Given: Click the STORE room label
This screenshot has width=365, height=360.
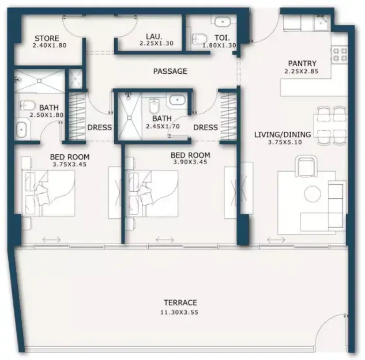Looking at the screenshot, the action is pos(47,38).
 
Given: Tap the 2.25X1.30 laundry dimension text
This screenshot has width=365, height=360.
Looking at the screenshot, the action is pos(156,43).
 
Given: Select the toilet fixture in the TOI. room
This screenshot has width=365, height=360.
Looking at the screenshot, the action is pos(200,39).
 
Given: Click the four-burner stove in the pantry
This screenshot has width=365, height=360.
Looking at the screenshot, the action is pos(340,54).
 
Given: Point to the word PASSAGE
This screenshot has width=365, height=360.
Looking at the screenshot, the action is pos(170,71).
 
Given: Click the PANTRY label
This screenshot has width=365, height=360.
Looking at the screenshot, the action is pos(302,63).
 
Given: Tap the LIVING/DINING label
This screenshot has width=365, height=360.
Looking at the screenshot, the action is pos(283,134).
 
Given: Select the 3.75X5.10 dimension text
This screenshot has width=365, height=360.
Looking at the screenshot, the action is pos(285,142).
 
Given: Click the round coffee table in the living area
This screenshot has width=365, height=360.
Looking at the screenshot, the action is pos(313,194).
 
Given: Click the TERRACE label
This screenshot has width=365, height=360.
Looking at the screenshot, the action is pos(180,302).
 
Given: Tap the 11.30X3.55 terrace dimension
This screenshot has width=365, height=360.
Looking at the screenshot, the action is pos(179,312).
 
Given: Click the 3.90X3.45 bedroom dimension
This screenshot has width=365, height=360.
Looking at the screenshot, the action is pos(190,162).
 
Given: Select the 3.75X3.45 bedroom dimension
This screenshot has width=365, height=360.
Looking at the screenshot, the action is pos(70,164).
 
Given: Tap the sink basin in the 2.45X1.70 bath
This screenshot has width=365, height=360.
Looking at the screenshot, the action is pos(178,100).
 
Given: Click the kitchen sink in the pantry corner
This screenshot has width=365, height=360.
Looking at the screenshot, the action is pos(321,22).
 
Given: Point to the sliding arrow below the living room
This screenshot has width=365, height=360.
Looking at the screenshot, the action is pos(276,240).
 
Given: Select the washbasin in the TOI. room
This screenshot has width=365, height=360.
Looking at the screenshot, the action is pos(222,22).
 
